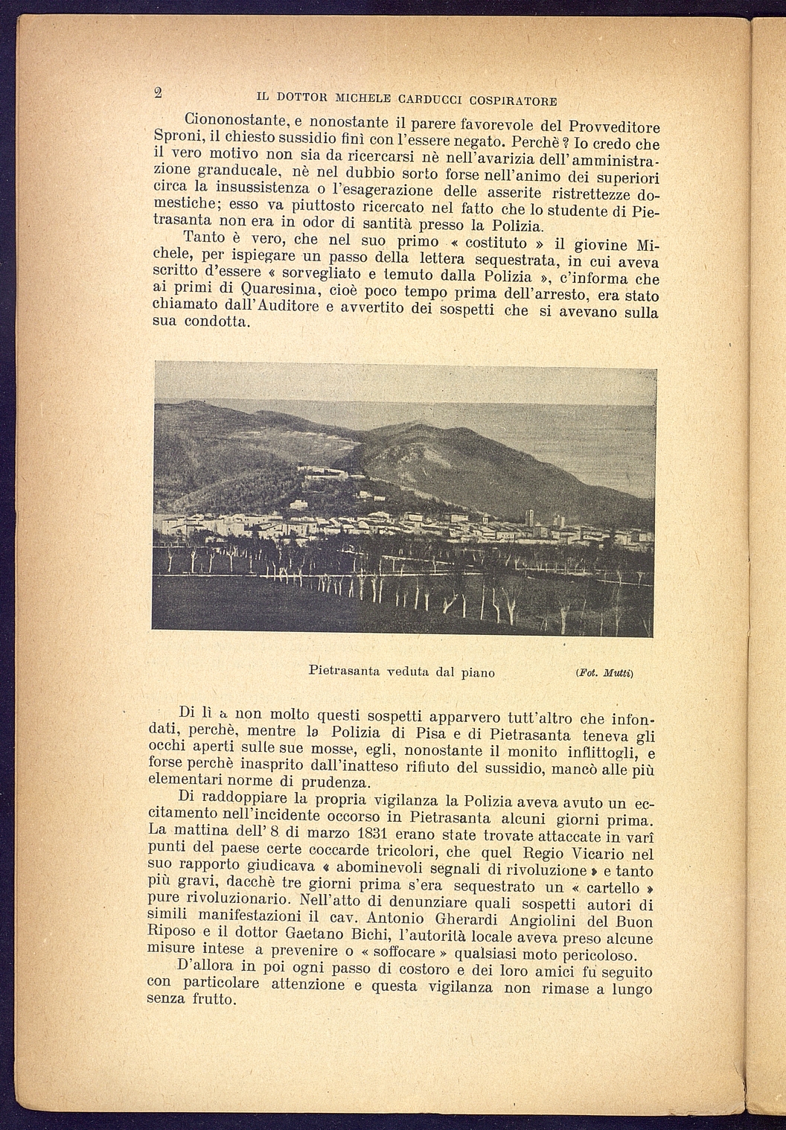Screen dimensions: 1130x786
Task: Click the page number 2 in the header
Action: click(158, 92)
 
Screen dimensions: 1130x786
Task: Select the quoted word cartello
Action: click(613, 887)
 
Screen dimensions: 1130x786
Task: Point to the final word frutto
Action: click(213, 999)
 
